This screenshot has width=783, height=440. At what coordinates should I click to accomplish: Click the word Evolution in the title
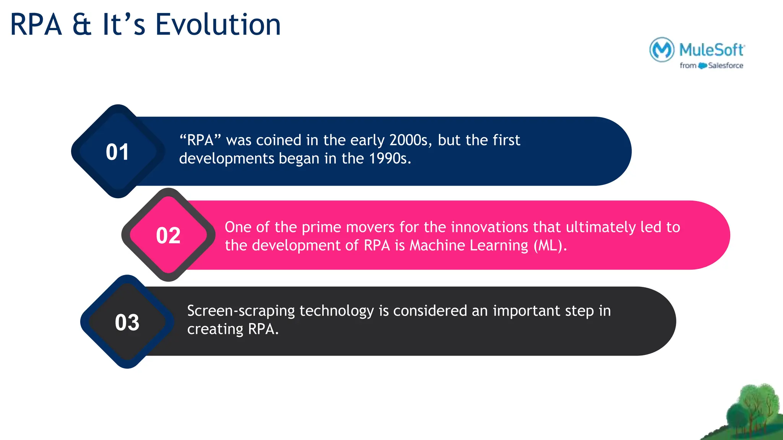point(218,25)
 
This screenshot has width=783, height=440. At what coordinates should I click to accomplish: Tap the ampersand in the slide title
point(82,25)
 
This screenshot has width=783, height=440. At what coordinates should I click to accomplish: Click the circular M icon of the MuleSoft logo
point(662,50)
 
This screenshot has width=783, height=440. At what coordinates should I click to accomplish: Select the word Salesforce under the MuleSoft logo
point(725,66)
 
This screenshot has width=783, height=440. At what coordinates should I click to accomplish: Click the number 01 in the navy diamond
point(117,152)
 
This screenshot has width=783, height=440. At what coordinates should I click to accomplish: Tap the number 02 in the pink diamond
point(168,235)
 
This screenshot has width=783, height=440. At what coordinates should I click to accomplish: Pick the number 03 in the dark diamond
point(127,322)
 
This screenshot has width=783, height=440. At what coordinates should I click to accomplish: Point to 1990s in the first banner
point(390,159)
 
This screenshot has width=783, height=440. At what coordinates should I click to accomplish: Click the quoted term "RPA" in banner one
point(200,140)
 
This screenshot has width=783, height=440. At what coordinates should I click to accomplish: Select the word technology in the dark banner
point(336,311)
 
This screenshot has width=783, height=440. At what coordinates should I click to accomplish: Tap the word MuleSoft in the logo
point(712,50)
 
